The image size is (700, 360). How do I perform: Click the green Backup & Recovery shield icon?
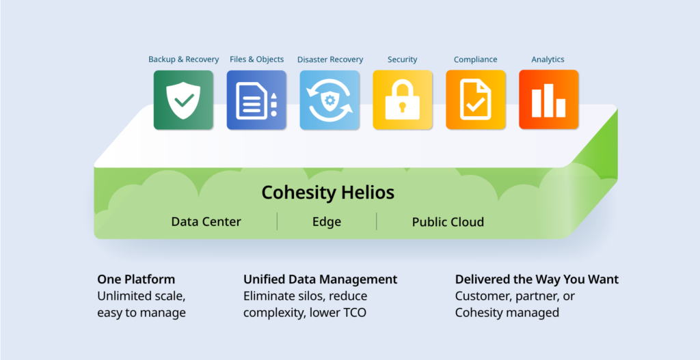click(x=183, y=100)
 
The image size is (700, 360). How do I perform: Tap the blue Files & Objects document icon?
click(x=257, y=100)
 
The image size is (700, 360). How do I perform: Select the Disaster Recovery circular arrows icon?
click(x=329, y=100)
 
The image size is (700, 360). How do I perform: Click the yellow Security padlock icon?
click(x=403, y=100)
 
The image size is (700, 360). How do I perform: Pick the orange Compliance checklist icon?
click(x=476, y=100)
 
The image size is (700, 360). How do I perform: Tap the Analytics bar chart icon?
click(x=549, y=100)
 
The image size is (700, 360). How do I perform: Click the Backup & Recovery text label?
click(x=183, y=59)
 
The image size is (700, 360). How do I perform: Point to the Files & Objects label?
click(x=257, y=59)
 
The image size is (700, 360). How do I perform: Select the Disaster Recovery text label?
click(x=330, y=59)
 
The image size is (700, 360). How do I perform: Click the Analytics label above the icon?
click(x=548, y=59)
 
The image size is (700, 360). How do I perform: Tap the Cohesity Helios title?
click(x=328, y=193)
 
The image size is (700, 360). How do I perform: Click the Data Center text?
click(x=206, y=222)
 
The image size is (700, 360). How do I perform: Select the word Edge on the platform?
click(x=327, y=222)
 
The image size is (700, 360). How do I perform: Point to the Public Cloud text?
click(x=448, y=222)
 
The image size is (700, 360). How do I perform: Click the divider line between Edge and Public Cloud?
click(x=377, y=221)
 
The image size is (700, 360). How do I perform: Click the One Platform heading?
click(x=136, y=279)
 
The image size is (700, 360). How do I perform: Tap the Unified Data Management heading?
click(x=320, y=279)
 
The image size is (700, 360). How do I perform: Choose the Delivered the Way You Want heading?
click(x=537, y=279)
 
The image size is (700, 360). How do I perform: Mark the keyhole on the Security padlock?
click(x=403, y=107)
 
